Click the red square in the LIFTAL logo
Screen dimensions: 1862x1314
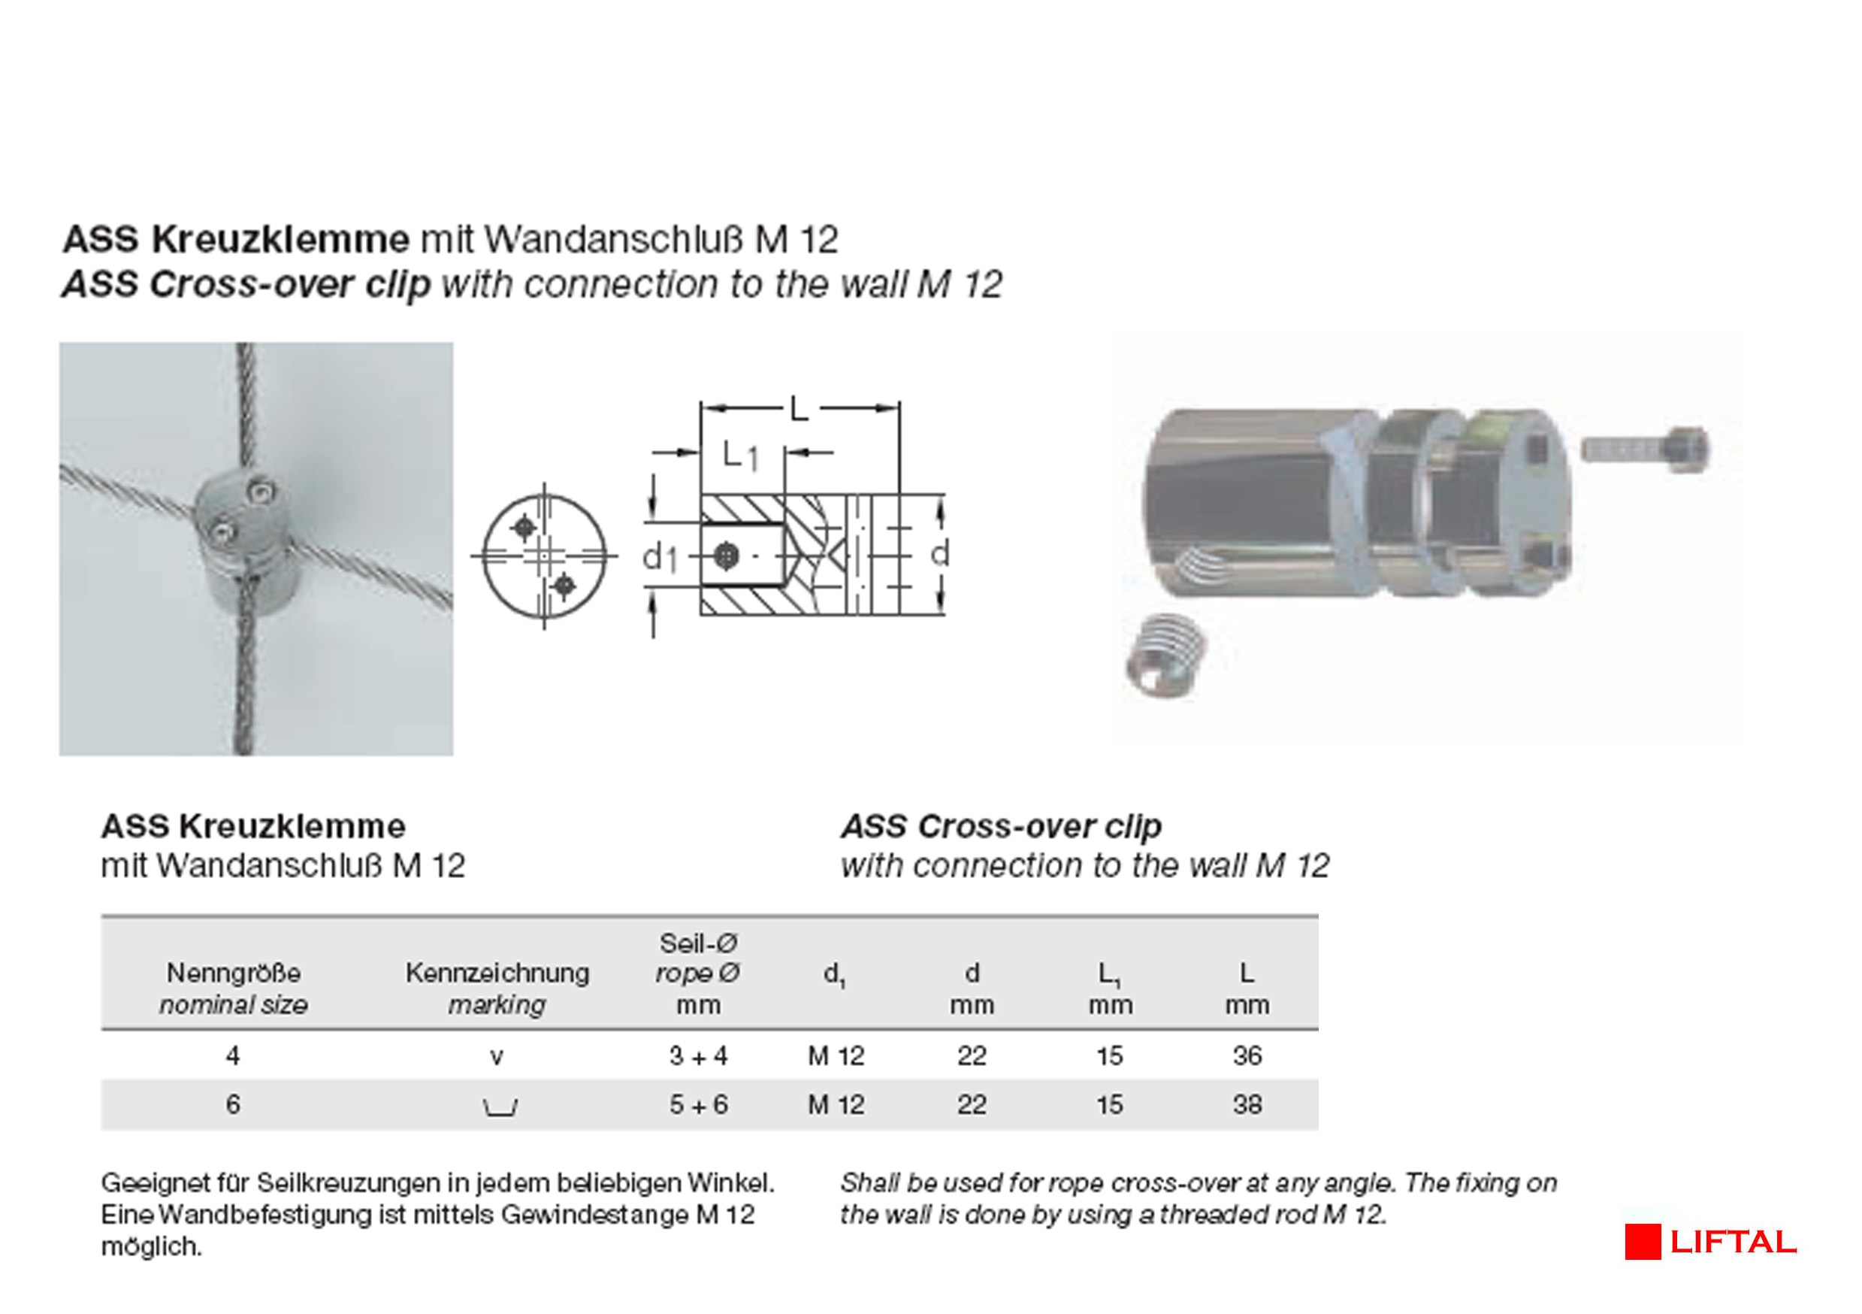coord(1643,1242)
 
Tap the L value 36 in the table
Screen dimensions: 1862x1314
coord(1247,1055)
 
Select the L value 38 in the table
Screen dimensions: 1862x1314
coord(1247,1104)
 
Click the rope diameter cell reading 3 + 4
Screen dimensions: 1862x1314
coord(698,1055)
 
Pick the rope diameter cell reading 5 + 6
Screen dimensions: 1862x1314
coord(698,1104)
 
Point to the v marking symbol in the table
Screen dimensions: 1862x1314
coord(497,1057)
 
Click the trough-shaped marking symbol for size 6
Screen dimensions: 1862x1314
coord(500,1107)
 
